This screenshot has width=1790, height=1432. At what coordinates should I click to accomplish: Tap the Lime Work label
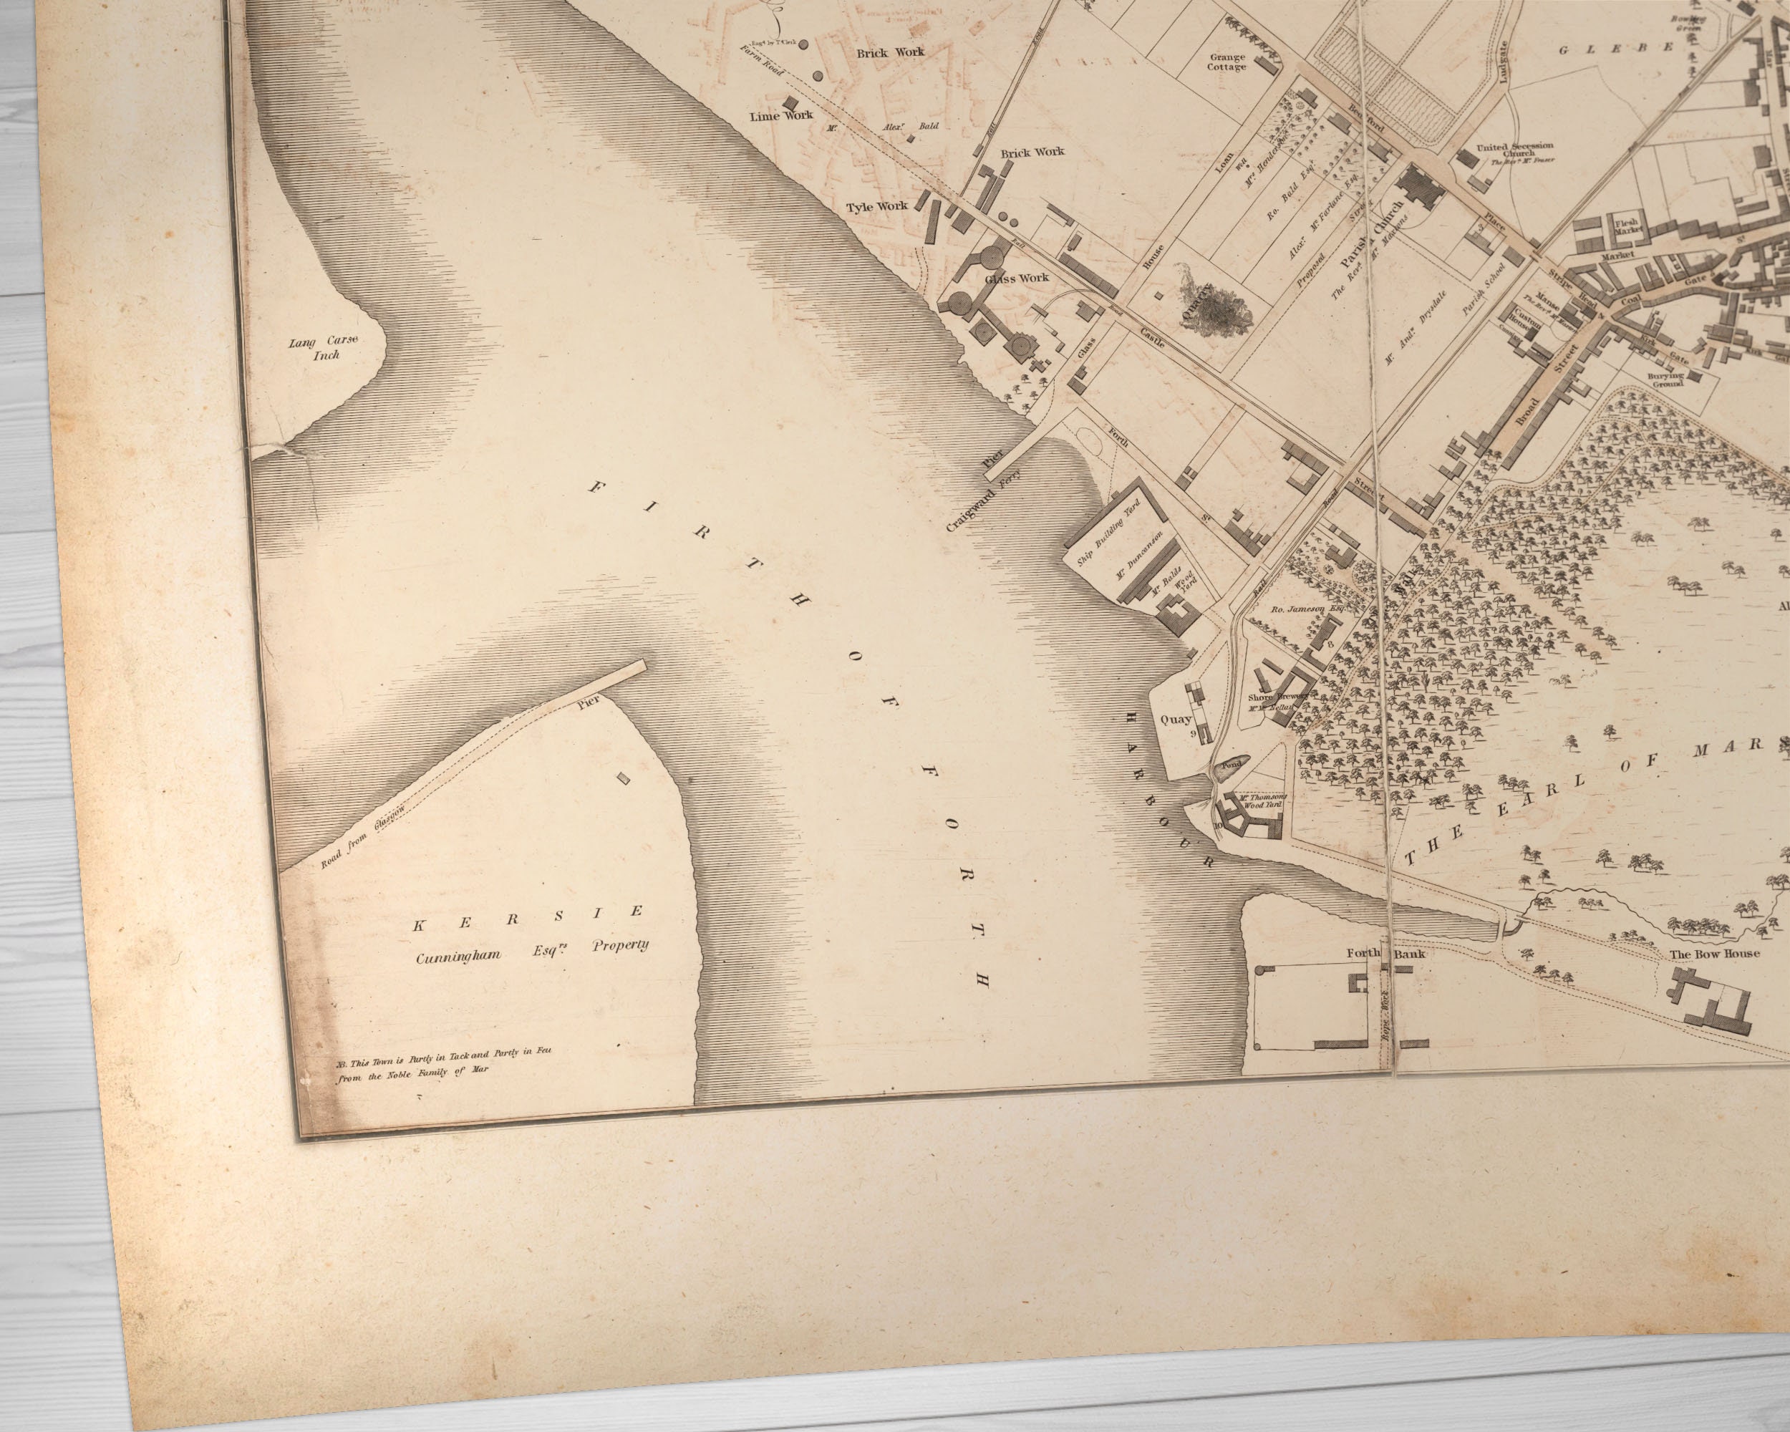781,115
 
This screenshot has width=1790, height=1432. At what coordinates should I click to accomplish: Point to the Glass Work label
1017,278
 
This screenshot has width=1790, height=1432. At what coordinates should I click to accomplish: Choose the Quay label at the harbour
1176,720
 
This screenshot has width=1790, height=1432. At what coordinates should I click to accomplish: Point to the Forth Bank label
1385,954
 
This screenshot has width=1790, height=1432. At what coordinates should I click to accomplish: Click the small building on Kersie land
624,779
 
